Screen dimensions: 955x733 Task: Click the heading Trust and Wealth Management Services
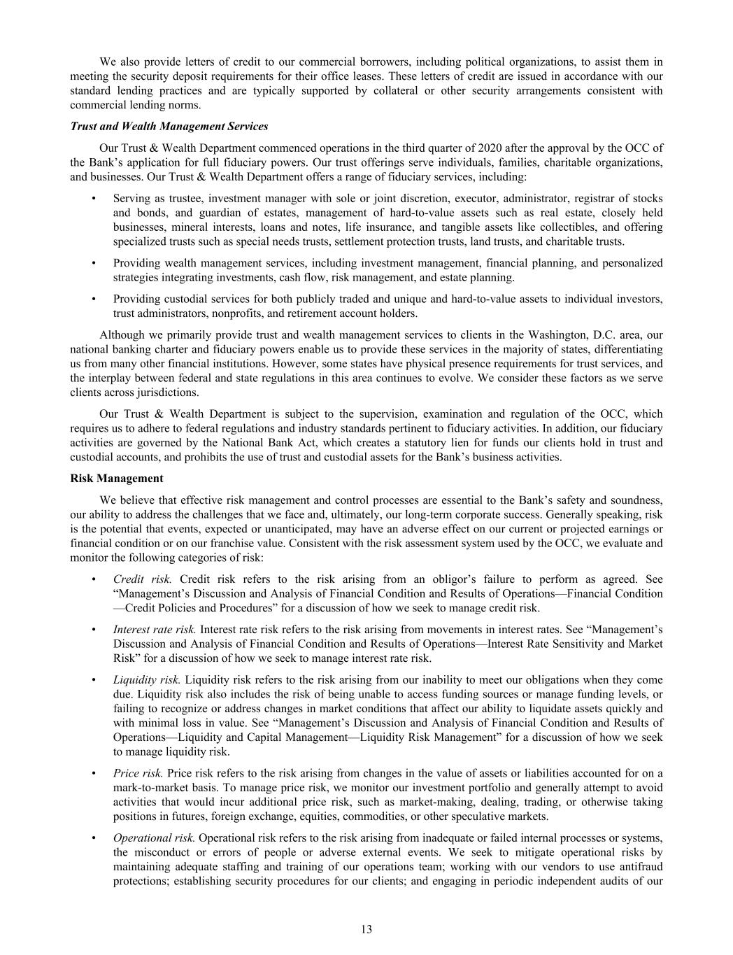[x=169, y=127]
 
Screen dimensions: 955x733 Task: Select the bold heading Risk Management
[x=117, y=479]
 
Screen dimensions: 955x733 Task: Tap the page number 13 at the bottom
[x=366, y=929]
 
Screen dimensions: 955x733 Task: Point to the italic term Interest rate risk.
[x=155, y=629]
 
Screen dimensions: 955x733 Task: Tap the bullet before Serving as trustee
[x=94, y=199]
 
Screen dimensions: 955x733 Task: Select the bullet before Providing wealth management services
[x=94, y=263]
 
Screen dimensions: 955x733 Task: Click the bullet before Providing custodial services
[x=94, y=299]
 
